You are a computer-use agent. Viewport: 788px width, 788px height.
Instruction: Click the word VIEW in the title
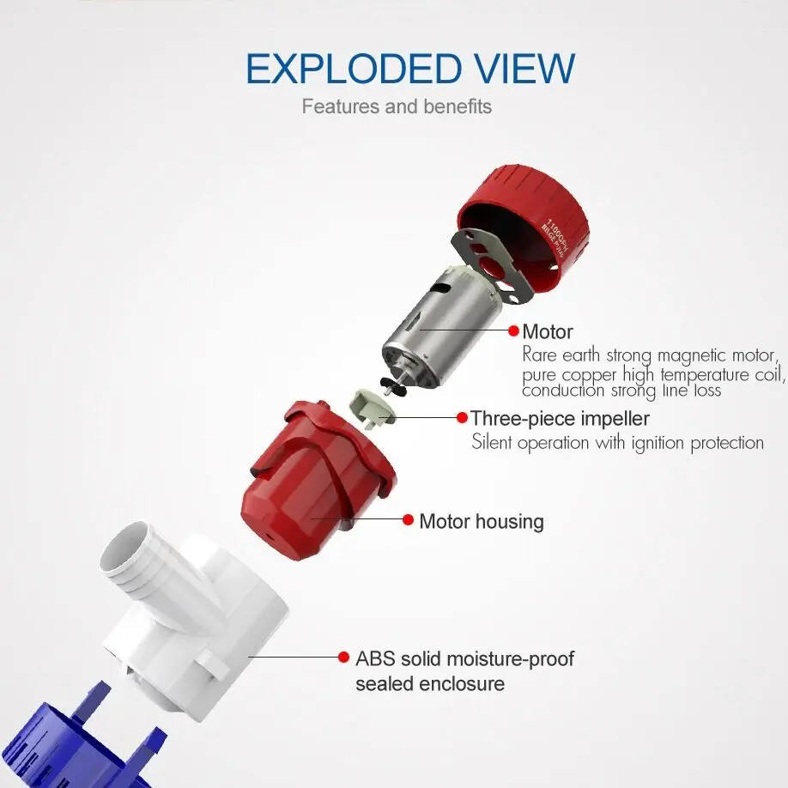[x=525, y=69]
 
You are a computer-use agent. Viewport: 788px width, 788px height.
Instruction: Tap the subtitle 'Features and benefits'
[x=397, y=106]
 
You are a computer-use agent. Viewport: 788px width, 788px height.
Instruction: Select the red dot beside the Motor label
[x=513, y=330]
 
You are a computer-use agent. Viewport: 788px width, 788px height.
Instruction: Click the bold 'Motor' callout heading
[x=548, y=331]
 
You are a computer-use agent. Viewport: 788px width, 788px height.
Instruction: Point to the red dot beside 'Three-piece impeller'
[x=463, y=417]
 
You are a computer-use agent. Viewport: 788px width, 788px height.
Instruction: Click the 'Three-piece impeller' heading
[x=560, y=419]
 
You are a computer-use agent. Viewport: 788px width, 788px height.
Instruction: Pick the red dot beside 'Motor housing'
[x=408, y=519]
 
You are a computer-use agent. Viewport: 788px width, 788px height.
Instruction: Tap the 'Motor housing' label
[x=482, y=522]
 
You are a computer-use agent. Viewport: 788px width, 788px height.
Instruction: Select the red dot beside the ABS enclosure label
[x=343, y=657]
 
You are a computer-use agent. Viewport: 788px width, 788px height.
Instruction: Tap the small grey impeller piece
[x=372, y=406]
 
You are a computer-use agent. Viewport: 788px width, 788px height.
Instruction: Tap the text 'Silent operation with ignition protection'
[x=618, y=443]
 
